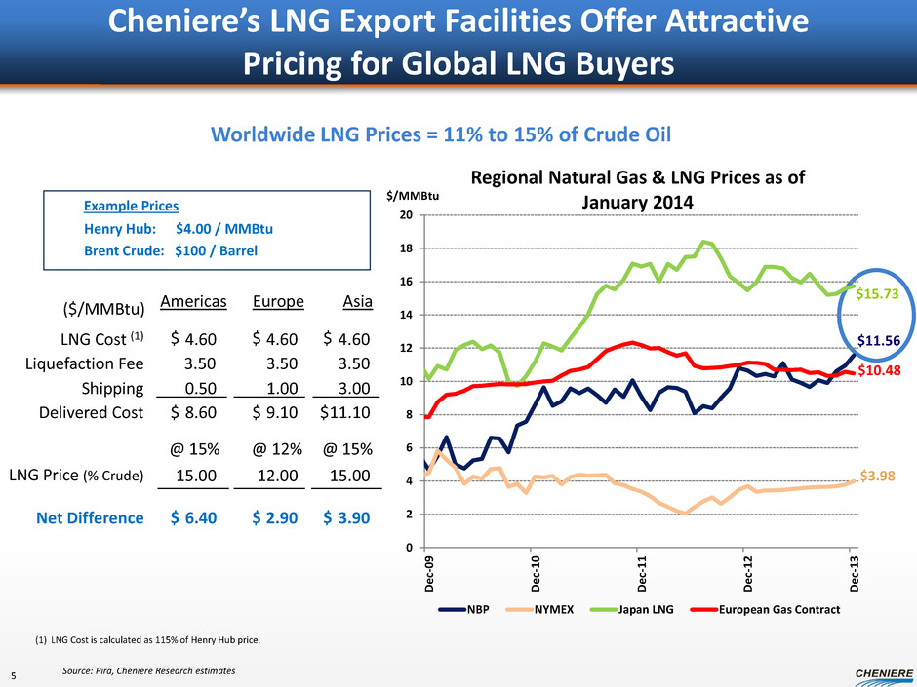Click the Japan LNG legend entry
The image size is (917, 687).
(x=644, y=610)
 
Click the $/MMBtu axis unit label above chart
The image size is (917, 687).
(x=410, y=197)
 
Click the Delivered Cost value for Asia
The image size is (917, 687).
(x=346, y=413)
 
